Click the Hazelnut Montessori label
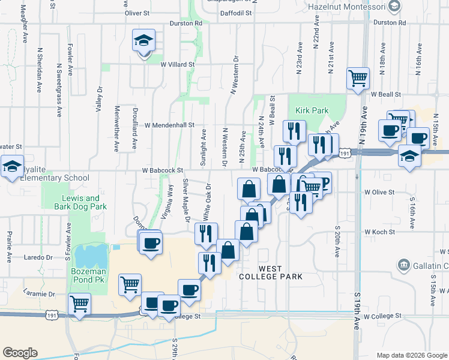(x=345, y=7)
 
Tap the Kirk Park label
(x=312, y=111)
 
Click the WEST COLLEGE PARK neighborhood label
(x=270, y=272)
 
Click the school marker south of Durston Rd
(x=143, y=41)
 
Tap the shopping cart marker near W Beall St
(x=357, y=77)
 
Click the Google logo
(x=20, y=353)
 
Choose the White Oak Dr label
(x=206, y=200)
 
